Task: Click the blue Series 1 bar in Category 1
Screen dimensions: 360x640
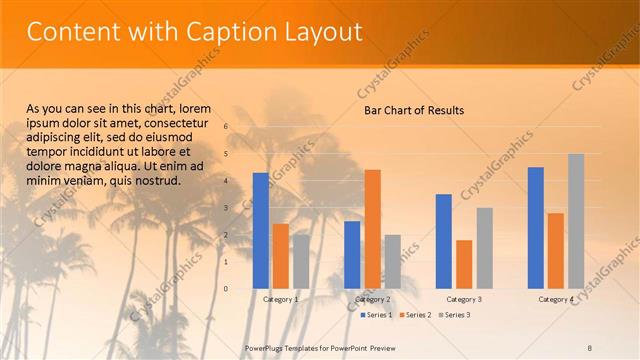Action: (x=261, y=230)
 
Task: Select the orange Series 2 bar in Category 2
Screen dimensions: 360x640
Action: (x=372, y=228)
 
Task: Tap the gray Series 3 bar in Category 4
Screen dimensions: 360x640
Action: (x=576, y=220)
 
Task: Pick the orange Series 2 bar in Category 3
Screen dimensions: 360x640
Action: (x=464, y=264)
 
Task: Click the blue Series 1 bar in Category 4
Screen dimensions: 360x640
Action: (x=536, y=227)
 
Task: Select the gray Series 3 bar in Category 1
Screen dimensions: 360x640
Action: (x=301, y=261)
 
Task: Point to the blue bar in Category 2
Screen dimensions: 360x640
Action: (x=352, y=254)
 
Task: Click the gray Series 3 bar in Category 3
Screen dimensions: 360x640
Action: (x=484, y=247)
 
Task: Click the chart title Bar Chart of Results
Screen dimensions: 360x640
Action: (x=414, y=109)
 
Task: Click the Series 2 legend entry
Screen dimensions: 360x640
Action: (x=416, y=315)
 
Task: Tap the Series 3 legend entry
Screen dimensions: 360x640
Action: (x=454, y=315)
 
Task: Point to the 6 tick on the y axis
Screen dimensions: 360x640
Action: (x=226, y=126)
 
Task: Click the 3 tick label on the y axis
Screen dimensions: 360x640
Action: (x=226, y=208)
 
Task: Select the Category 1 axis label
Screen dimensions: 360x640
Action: (x=281, y=299)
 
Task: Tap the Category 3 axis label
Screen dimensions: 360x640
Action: (x=464, y=299)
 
